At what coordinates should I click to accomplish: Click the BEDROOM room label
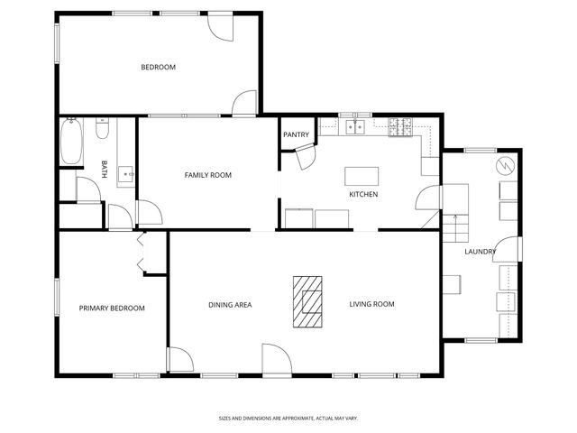tap(158, 68)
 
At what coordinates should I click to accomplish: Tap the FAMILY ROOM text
tap(208, 175)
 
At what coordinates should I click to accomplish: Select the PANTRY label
tap(296, 135)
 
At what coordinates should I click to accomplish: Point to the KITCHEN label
tap(363, 195)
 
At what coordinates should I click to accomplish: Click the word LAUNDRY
tap(480, 252)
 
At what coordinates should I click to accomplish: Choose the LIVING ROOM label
tap(372, 305)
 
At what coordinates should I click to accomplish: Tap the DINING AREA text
tap(230, 305)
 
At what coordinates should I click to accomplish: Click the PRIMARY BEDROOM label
tap(112, 309)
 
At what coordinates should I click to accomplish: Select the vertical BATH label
tap(105, 170)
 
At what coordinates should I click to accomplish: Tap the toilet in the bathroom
tap(102, 132)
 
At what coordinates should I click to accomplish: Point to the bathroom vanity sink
tap(126, 172)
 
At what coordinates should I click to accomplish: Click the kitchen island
tap(362, 174)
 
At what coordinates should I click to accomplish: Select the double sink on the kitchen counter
tap(354, 127)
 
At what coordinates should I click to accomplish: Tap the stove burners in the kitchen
tap(399, 127)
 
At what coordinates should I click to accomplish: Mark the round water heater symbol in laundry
tap(505, 166)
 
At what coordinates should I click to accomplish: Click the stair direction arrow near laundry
tap(455, 221)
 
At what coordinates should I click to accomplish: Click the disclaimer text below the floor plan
tap(288, 418)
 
